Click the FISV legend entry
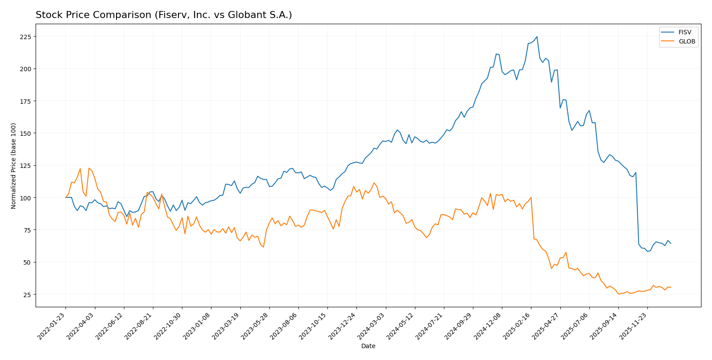(684, 32)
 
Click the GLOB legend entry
(687, 42)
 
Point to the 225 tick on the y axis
(26, 36)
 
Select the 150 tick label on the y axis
(26, 133)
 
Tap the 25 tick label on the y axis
(28, 295)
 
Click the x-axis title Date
(368, 346)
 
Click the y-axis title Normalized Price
(14, 166)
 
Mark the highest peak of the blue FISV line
(537, 36)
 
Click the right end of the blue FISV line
(671, 243)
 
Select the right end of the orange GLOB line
(671, 287)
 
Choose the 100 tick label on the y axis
(26, 198)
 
